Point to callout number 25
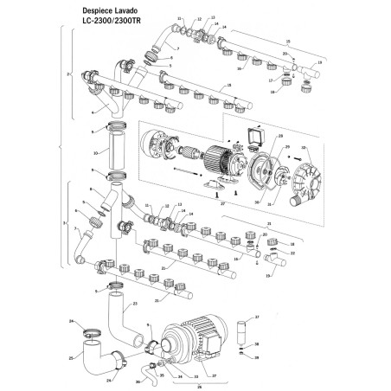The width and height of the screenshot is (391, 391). [70, 355]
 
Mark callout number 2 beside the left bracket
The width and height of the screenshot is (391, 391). [68, 76]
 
